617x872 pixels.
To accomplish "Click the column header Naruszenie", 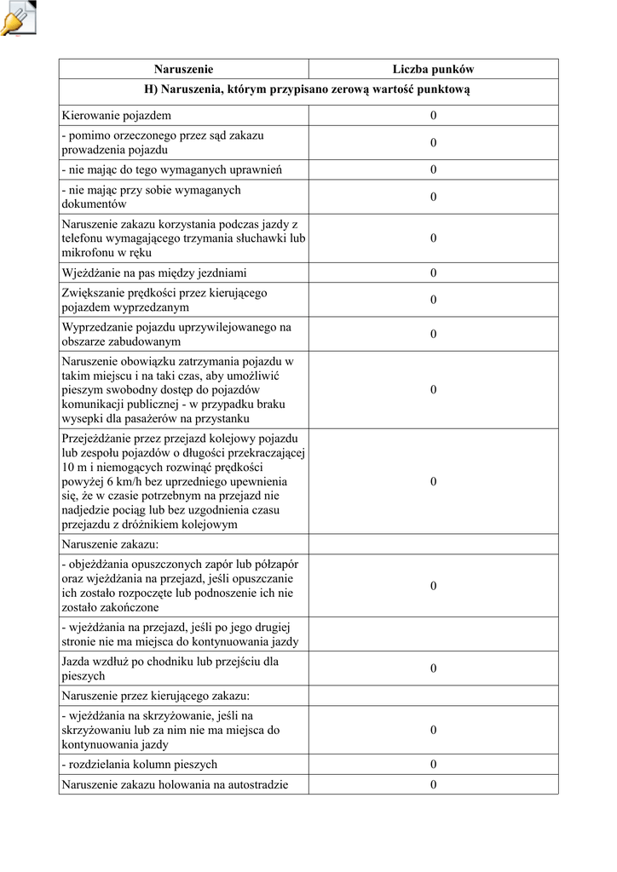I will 183,69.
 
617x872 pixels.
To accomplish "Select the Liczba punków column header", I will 433,69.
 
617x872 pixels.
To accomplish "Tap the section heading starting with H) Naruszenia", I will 308,89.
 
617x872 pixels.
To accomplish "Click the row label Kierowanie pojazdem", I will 117,115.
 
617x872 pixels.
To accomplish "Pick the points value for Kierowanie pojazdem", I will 433,115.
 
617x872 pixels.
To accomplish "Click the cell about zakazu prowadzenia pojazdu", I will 164,142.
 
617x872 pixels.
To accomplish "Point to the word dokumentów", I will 95,204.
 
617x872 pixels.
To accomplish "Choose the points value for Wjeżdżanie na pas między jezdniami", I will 433,273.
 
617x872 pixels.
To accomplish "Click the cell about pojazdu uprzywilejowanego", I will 176,334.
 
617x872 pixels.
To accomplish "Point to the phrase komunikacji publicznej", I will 125,404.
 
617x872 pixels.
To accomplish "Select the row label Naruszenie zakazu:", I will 111,543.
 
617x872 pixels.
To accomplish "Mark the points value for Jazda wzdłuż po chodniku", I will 433,668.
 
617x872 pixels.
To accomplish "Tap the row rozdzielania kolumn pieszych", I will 140,764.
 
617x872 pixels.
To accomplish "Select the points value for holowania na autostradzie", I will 433,784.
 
